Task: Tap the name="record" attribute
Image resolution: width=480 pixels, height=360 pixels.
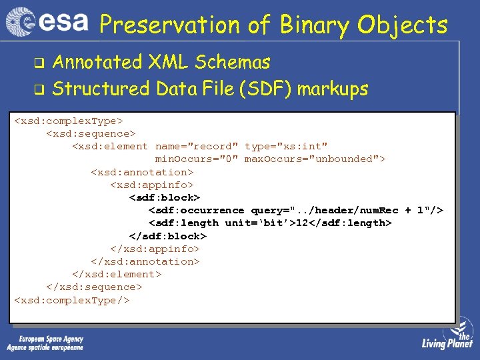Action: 197,146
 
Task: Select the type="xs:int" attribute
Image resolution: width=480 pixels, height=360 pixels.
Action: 286,146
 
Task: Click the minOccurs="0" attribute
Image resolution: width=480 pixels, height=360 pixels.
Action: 197,159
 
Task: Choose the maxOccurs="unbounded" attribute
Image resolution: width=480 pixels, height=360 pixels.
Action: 315,159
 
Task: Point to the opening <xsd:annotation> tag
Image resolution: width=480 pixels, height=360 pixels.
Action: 142,172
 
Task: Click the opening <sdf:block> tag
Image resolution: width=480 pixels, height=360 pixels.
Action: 164,197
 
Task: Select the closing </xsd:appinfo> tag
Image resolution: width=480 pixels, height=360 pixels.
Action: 155,249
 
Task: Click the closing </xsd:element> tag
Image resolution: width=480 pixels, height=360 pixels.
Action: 117,274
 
